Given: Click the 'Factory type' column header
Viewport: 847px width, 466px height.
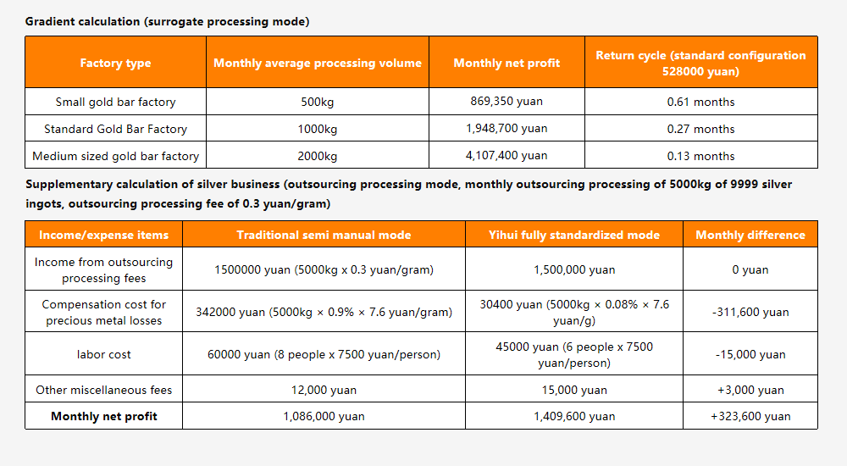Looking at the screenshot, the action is click(115, 63).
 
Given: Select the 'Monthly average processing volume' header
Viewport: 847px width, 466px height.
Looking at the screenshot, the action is click(318, 63).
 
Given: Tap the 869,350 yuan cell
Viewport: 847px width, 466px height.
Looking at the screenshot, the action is click(507, 101).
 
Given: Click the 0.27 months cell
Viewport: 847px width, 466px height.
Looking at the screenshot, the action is click(700, 129).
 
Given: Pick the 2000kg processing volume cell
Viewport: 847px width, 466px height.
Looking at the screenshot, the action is click(318, 156).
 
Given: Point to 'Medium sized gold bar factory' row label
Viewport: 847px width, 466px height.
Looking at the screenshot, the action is click(115, 156).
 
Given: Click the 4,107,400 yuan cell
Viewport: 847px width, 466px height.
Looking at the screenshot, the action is click(507, 156).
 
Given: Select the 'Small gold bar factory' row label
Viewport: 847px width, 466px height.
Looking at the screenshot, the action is click(115, 103).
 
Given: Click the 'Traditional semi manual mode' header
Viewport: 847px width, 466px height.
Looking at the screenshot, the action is click(324, 235).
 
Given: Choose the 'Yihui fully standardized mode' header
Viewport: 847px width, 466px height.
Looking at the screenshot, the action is click(574, 235).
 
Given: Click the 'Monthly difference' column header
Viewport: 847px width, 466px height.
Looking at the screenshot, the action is click(750, 235).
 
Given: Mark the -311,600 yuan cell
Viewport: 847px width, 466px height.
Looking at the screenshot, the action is click(750, 312).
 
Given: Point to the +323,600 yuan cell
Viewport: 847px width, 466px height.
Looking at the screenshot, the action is click(750, 416).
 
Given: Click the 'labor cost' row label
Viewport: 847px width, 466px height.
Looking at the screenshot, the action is click(103, 355).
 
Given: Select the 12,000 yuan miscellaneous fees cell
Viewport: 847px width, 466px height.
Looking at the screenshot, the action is click(324, 390).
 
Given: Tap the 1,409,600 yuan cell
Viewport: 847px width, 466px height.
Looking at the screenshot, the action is click(574, 416).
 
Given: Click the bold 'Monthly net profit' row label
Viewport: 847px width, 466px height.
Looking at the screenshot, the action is click(103, 416).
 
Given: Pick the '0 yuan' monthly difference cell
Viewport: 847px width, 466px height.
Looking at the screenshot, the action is click(750, 269).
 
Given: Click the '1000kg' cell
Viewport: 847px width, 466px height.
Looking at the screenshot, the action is click(318, 129).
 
